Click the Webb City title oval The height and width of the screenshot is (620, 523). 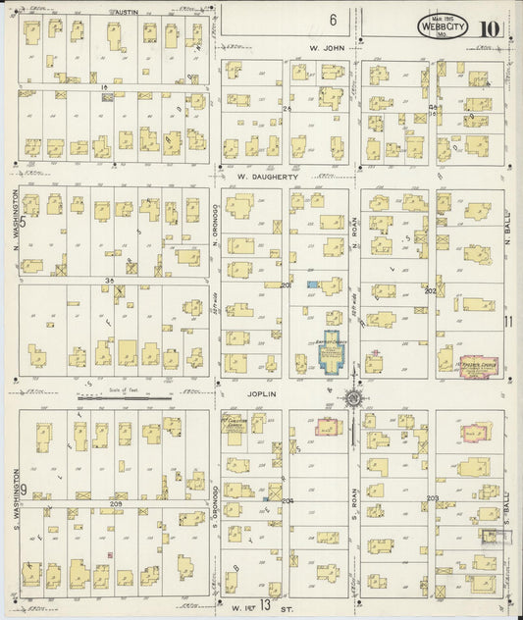click(443, 26)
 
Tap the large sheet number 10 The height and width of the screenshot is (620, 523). click(488, 26)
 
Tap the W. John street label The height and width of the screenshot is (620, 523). click(325, 46)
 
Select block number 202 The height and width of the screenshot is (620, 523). click(430, 291)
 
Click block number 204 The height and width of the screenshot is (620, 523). click(288, 500)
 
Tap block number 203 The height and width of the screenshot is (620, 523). click(432, 498)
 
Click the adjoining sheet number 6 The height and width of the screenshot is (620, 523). click(334, 19)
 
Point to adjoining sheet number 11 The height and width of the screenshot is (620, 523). click(508, 321)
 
